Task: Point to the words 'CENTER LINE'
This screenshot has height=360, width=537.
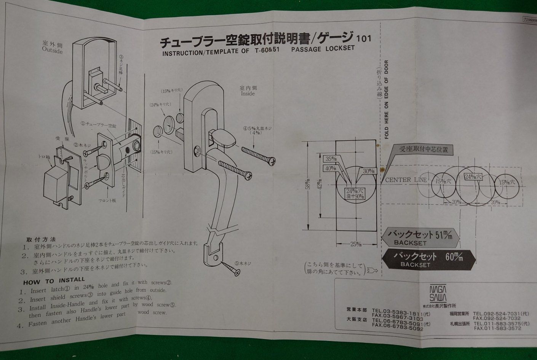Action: [406, 180]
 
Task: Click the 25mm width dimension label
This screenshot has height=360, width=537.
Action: [355, 244]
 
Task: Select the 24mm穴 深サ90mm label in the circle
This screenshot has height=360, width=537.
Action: [355, 193]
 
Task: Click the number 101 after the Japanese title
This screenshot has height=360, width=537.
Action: [363, 38]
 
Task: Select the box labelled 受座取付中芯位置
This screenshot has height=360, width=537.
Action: [423, 150]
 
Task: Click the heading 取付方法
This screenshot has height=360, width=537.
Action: [41, 239]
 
